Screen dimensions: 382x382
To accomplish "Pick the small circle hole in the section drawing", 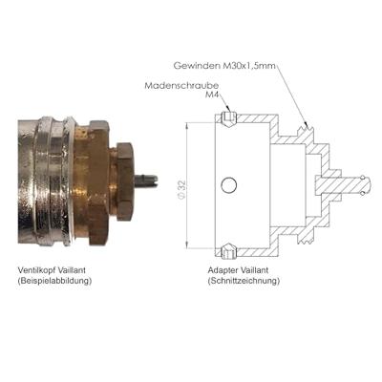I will coord(228,185).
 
